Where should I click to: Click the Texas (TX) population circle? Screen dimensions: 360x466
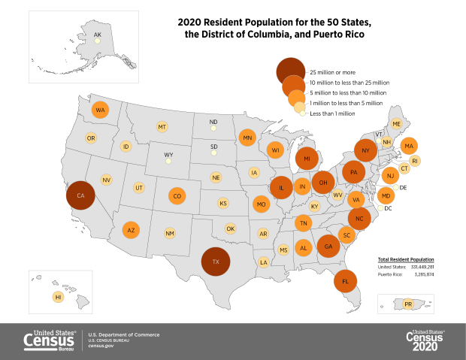click(x=216, y=262)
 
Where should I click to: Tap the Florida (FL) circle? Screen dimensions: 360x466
click(x=345, y=282)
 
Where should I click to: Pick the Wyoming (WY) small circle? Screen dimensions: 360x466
click(x=168, y=161)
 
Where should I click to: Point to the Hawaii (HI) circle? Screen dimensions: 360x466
click(x=58, y=298)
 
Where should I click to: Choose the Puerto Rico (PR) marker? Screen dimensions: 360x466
click(x=408, y=304)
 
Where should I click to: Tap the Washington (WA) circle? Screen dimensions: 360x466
click(x=99, y=111)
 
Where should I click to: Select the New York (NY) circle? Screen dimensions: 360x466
click(x=365, y=151)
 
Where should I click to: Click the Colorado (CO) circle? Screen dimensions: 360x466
click(x=176, y=197)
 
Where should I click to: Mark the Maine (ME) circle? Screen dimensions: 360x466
click(x=396, y=124)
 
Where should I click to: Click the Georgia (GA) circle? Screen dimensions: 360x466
click(x=327, y=246)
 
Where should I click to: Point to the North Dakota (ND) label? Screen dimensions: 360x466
click(x=213, y=122)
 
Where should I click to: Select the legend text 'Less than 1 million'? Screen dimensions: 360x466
click(x=332, y=113)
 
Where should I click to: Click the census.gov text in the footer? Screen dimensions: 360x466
click(x=101, y=345)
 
